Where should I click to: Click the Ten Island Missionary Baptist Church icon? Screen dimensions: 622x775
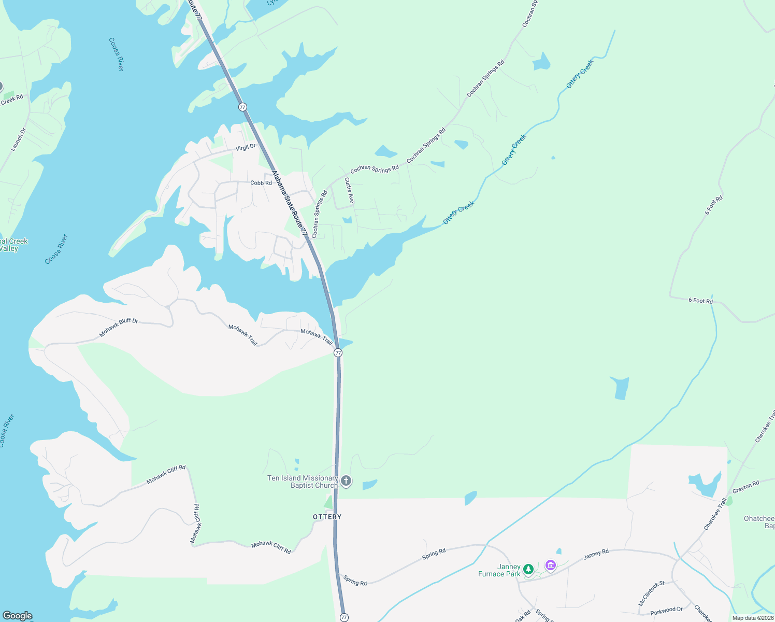point(346,481)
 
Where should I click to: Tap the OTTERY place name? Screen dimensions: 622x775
point(327,517)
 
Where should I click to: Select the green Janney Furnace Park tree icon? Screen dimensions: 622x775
point(528,569)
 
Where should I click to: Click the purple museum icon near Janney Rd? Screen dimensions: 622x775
point(551,565)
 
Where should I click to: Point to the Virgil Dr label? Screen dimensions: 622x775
point(246,148)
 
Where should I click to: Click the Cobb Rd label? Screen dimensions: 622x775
point(261,183)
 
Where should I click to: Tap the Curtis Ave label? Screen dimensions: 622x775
point(350,190)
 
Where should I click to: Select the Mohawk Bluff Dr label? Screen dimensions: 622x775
point(119,328)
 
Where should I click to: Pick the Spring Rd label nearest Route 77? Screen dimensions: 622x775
point(355,582)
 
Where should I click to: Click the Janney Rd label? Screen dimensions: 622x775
point(596,554)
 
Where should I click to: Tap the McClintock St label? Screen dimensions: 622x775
point(651,593)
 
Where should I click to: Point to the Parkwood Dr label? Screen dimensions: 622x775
point(666,611)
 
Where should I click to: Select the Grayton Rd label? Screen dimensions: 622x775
point(746,487)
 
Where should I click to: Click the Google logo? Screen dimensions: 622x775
point(18,616)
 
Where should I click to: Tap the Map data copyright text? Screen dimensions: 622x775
point(753,618)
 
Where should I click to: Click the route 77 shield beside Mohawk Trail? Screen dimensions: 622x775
point(338,352)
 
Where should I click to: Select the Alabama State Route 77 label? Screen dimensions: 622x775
point(290,204)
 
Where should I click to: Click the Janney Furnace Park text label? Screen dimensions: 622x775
point(499,570)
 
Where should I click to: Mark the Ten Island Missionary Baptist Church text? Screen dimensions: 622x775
point(303,482)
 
